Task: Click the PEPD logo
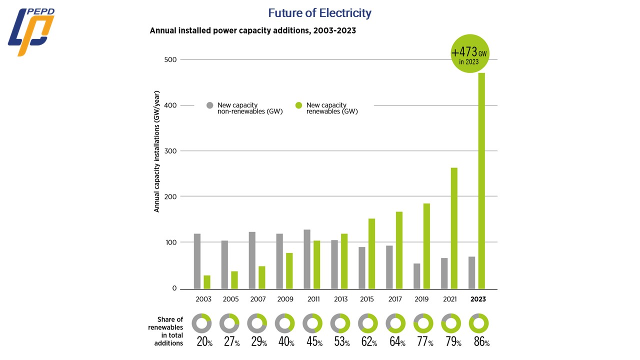tap(30, 31)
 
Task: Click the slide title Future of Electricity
tap(319, 13)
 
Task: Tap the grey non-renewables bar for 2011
tap(307, 259)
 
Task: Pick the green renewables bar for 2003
tap(207, 282)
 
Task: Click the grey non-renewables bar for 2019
tap(416, 276)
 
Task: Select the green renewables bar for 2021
tap(454, 228)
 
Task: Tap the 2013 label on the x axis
tap(340, 299)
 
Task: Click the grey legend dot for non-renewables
tap(210, 105)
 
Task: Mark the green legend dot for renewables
tap(299, 105)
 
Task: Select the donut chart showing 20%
tap(202, 323)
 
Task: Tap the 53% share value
tap(340, 342)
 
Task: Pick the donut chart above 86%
tap(478, 323)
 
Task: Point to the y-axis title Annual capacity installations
tap(156, 151)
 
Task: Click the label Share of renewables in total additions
tap(165, 331)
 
